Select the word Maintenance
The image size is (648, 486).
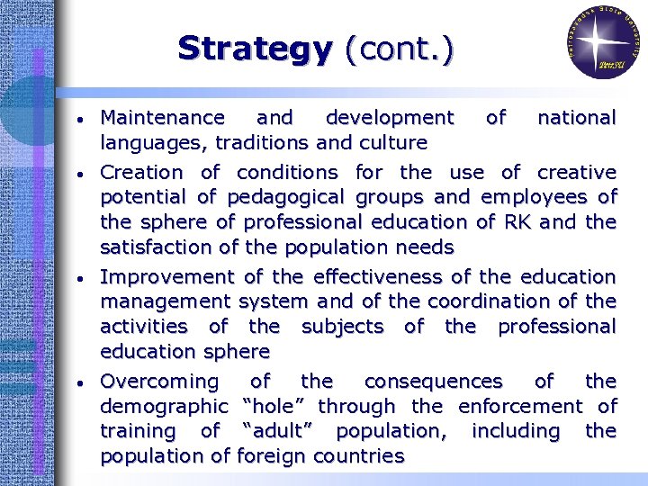point(163,118)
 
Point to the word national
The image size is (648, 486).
point(576,118)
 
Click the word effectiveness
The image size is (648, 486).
point(396,276)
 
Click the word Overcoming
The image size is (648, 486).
point(159,382)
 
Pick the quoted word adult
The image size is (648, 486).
point(282,431)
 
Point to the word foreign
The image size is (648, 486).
point(275,456)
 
